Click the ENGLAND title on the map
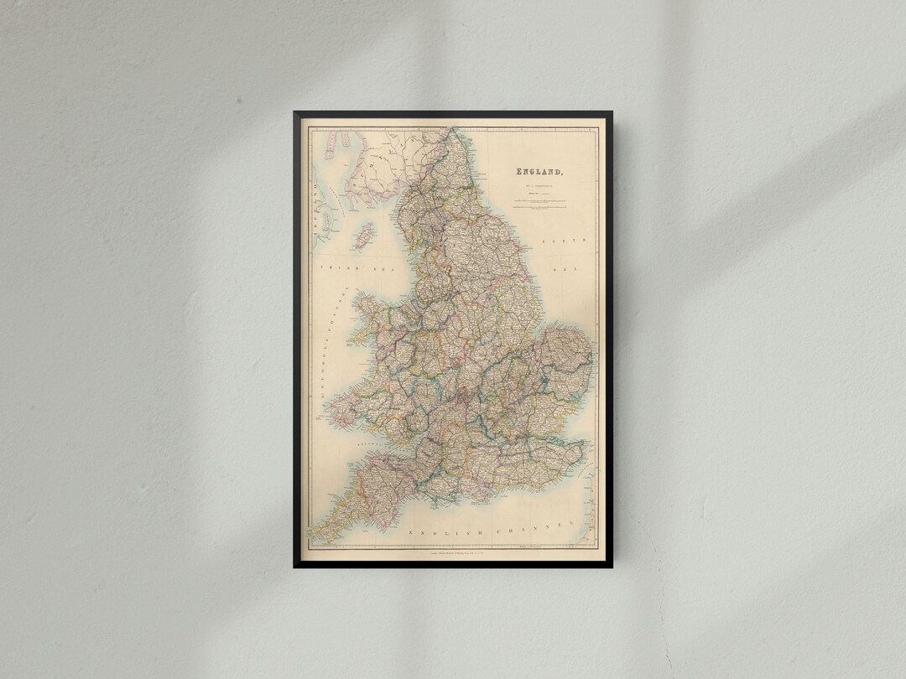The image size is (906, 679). pyautogui.click(x=539, y=172)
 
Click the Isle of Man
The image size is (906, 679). pyautogui.click(x=364, y=237)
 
